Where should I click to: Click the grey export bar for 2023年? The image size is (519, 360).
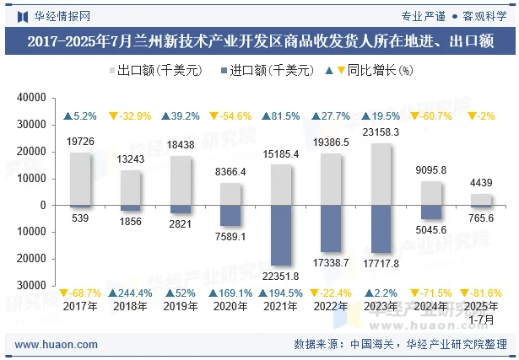pos(382,174)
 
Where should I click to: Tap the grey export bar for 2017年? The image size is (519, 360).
pos(80,178)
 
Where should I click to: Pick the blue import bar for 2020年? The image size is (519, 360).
pos(232,215)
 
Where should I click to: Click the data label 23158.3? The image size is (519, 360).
pos(381,132)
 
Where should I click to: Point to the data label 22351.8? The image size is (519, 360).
pos(283,277)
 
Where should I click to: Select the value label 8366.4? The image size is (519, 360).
pos(231,172)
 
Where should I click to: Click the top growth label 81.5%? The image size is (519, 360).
pos(283,116)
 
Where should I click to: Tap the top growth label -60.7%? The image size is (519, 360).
pos(431,116)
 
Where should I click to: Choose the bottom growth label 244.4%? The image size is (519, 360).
pos(130,293)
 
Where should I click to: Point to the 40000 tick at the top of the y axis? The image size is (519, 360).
pos(30,98)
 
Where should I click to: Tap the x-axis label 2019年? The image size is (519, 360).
pos(181,306)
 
